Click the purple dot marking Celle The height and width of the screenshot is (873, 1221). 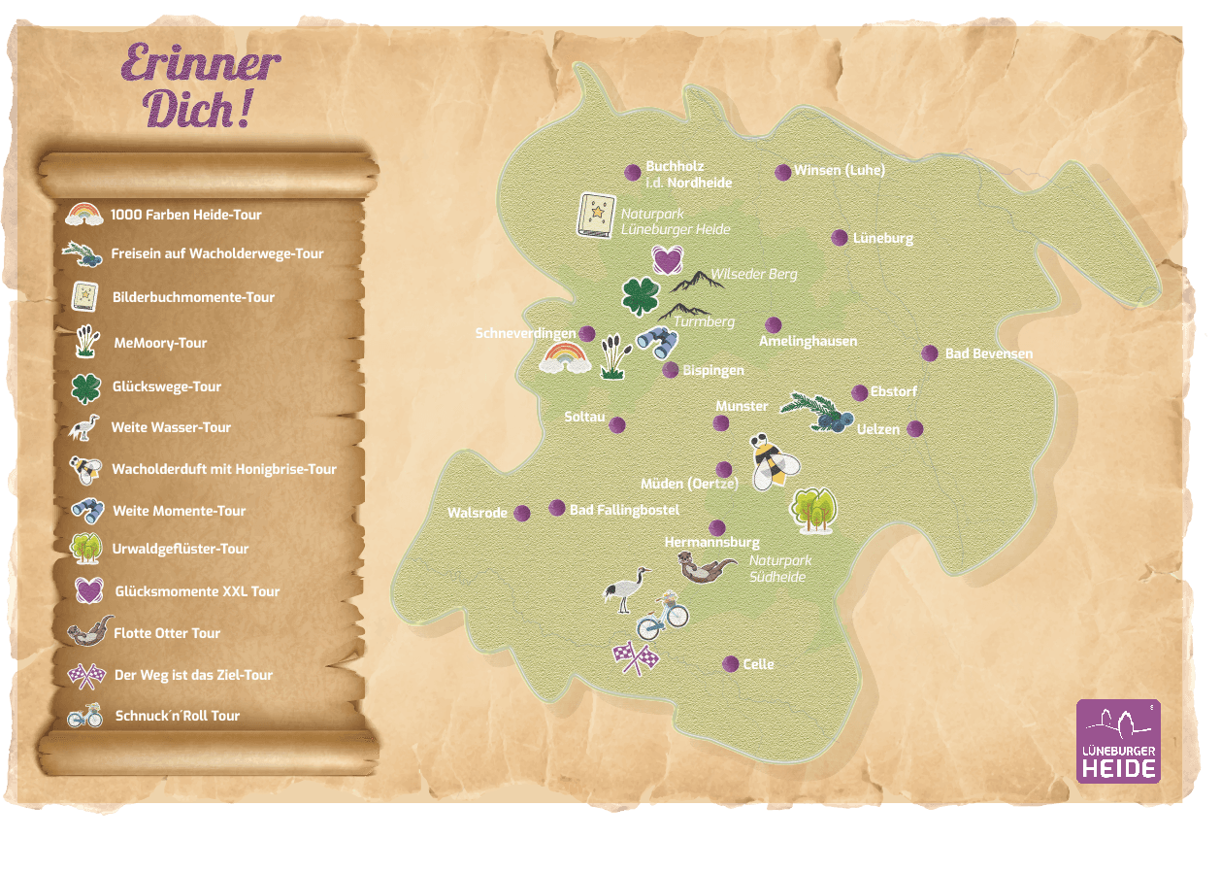click(x=731, y=663)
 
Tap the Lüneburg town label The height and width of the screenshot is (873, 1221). click(x=882, y=238)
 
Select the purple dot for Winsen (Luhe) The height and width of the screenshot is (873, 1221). click(x=782, y=172)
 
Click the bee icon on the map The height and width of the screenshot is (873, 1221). click(x=774, y=461)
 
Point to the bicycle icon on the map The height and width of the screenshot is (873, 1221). click(x=663, y=616)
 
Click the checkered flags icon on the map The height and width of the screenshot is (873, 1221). click(x=636, y=657)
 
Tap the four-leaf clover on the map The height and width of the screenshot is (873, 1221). click(x=641, y=296)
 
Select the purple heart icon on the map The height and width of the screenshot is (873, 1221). click(x=667, y=259)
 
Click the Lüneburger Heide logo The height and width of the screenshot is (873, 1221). click(x=1118, y=741)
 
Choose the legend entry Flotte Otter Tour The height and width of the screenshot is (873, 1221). click(x=167, y=633)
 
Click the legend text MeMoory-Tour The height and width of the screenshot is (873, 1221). click(x=159, y=343)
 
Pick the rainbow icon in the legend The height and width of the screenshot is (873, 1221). click(x=84, y=214)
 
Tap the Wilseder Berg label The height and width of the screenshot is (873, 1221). click(x=753, y=274)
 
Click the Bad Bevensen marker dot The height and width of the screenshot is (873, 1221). click(x=930, y=353)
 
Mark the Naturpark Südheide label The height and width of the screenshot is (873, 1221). click(x=779, y=568)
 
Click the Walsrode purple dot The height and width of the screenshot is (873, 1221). click(x=522, y=513)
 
